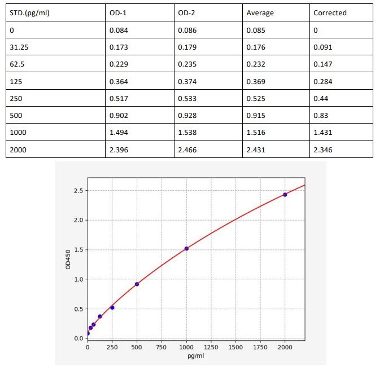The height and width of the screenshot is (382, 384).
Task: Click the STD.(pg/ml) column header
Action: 29,12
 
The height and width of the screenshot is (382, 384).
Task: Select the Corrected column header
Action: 330,12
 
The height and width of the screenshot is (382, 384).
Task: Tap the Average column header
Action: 260,12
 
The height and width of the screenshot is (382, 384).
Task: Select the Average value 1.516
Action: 256,133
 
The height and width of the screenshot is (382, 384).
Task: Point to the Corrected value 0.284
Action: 323,81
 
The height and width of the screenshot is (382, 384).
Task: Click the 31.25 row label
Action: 19,47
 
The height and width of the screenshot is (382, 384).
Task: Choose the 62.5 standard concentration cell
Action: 18,64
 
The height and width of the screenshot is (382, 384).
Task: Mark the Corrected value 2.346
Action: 323,150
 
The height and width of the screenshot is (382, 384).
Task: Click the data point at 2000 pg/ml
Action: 285,195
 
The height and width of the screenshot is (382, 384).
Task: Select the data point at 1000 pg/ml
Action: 186,249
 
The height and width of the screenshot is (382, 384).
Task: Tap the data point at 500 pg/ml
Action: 137,284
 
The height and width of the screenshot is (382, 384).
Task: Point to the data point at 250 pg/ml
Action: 112,308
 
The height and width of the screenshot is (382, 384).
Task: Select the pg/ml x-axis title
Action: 196,357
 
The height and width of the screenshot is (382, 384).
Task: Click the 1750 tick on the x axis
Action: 260,347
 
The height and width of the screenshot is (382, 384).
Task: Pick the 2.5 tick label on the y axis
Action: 78,191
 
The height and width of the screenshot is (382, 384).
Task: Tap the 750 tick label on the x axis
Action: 162,347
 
